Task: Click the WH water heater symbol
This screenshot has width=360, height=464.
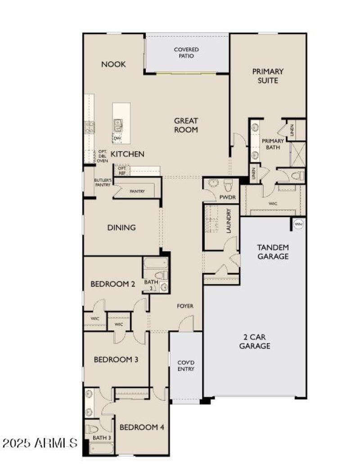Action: [x=298, y=223]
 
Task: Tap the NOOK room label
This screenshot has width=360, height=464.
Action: [x=113, y=64]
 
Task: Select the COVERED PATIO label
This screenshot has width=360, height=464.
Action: [x=187, y=53]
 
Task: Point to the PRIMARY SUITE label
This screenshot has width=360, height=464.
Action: [x=268, y=76]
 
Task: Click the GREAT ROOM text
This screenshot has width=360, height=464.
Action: [x=186, y=125]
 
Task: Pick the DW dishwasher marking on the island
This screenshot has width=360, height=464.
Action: [x=117, y=138]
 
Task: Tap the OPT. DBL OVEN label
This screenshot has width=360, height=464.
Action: [x=102, y=156]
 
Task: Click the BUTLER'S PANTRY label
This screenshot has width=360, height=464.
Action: [x=102, y=182]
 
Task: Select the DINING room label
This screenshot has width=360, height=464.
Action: [x=121, y=228]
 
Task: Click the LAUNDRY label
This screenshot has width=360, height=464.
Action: [x=229, y=220]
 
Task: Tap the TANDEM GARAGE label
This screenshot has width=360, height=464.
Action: [x=273, y=252]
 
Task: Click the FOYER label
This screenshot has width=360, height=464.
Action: [x=185, y=306]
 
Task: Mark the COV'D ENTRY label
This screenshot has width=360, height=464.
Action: [x=185, y=366]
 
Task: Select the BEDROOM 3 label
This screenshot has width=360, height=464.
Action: [x=116, y=360]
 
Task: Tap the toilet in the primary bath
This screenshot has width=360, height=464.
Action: [x=298, y=175]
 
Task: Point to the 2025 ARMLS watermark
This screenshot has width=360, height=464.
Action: [x=40, y=443]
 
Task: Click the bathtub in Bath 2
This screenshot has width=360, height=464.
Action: [x=156, y=263]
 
